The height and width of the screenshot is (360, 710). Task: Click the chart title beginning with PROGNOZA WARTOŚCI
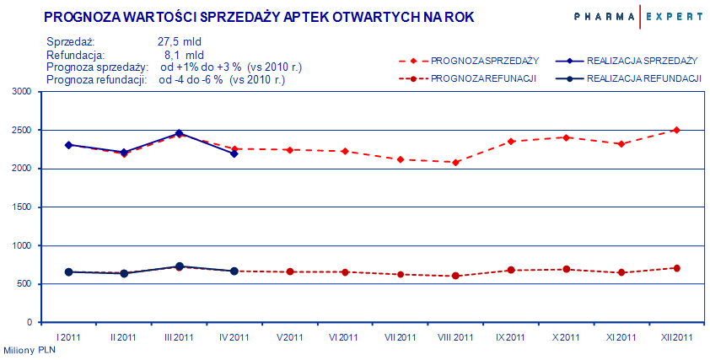point(259,17)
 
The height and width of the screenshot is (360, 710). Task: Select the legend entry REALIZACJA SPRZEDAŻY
point(642,61)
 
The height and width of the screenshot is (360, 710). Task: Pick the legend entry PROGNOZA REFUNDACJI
point(483,78)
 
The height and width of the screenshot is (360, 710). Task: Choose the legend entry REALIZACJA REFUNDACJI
point(644,78)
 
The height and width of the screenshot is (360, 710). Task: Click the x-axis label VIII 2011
point(455,337)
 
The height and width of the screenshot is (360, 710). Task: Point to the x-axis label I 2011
point(68,337)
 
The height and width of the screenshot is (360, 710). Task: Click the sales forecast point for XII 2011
point(676,130)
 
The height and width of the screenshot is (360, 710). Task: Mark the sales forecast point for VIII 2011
point(455,162)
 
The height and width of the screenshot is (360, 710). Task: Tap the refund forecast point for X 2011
point(566,270)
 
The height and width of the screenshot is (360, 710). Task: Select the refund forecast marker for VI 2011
point(345,272)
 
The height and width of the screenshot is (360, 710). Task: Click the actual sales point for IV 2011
point(234,153)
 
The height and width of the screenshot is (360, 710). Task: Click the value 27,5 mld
point(179,41)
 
